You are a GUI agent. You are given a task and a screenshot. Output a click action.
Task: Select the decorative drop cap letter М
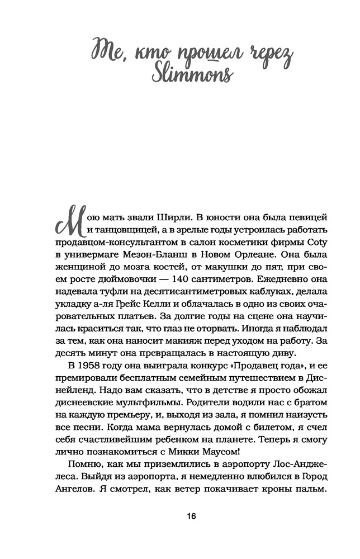click(68, 221)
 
